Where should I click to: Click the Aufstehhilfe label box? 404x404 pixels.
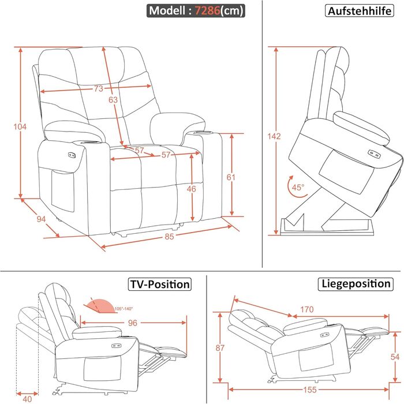coord(357,11)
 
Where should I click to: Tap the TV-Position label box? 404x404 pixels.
coord(159,284)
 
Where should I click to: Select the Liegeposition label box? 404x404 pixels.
coord(356,284)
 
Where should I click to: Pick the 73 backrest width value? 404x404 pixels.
coord(98,89)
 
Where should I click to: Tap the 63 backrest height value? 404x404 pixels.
coord(113,100)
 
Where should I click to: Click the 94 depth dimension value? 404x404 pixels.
coord(41,219)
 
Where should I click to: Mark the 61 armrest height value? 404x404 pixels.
coord(231,178)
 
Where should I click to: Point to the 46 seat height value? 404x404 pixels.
coord(192,189)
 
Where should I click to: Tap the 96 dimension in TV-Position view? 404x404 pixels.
coord(132,323)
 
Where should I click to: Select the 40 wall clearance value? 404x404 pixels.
coord(28,398)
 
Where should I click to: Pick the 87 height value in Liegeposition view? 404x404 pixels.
coord(219,347)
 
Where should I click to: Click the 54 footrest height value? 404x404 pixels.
coord(394,357)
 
